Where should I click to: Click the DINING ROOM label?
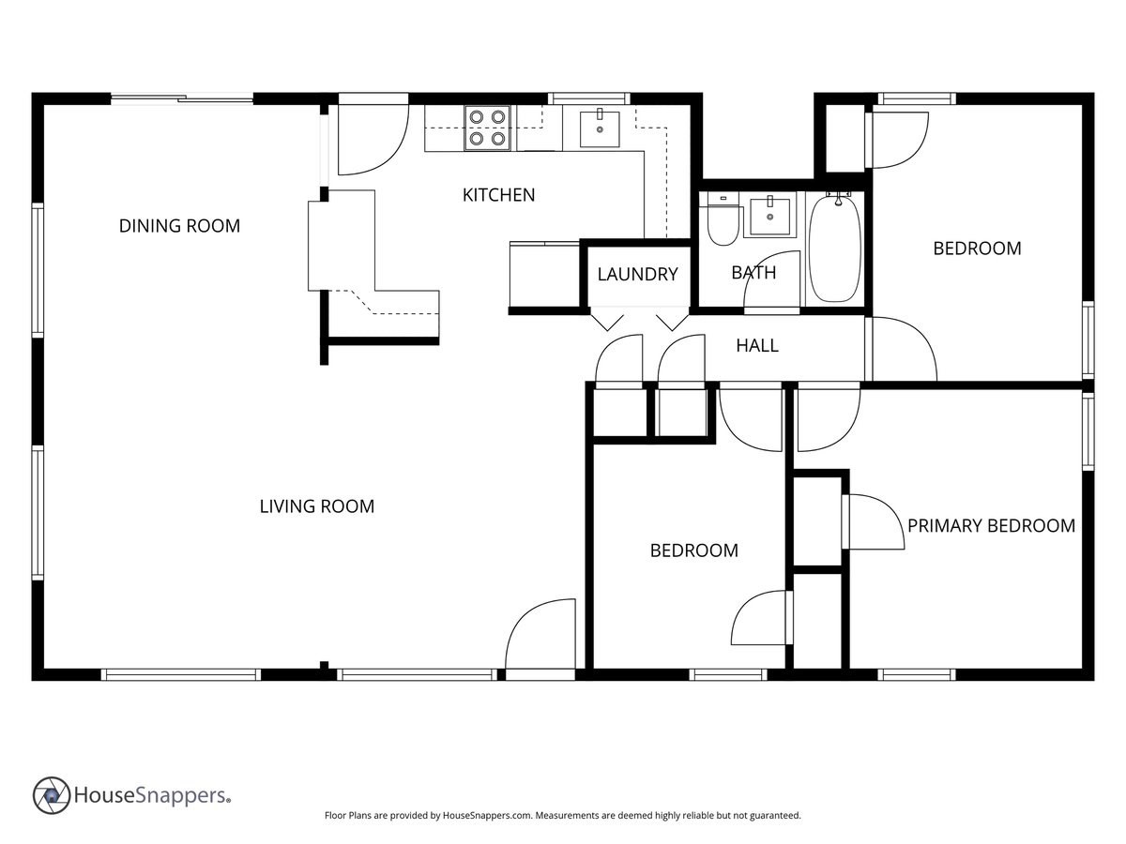point(179,226)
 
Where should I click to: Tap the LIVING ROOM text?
point(316,506)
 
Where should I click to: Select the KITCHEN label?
point(498,195)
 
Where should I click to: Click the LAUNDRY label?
point(637,274)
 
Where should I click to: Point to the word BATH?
point(753,273)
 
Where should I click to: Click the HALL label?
point(756,345)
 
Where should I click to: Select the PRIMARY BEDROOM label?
point(991,525)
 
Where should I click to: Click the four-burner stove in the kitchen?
point(488,128)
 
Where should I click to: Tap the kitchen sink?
point(599,128)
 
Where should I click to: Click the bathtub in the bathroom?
point(834,249)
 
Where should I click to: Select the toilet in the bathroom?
point(723,221)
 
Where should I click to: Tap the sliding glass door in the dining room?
point(182,98)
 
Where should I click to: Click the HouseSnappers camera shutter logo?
point(52,795)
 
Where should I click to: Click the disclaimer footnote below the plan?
point(562,816)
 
